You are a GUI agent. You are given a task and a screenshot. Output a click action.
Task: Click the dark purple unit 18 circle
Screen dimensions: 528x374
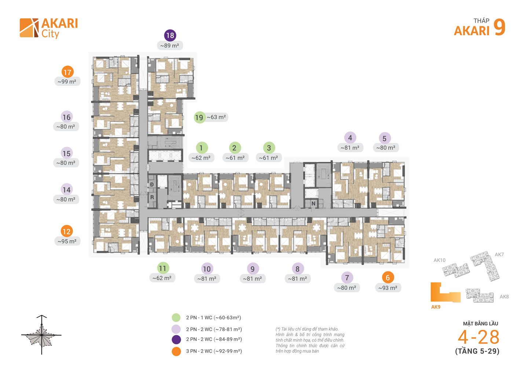(170, 35)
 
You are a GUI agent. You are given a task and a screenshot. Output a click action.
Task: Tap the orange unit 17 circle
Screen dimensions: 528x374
(67, 72)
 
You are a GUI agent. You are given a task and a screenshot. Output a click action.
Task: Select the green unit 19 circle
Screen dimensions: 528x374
(199, 117)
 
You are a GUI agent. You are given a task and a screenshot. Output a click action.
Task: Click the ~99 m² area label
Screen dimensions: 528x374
(67, 81)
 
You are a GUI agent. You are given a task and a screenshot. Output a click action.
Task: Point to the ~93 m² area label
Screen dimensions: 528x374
(388, 288)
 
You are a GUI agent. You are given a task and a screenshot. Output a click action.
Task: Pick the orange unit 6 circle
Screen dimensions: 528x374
(388, 278)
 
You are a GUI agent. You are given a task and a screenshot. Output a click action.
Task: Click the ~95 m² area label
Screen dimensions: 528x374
(67, 241)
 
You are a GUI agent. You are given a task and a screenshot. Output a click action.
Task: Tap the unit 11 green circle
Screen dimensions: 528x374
(163, 268)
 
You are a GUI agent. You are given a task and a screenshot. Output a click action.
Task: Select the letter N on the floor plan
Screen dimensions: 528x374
(313, 203)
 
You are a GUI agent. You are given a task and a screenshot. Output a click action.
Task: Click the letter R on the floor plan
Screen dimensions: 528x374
(152, 197)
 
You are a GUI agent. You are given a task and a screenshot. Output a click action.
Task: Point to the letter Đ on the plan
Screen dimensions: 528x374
(152, 184)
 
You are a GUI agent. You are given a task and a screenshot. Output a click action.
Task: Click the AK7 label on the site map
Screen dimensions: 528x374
(499, 254)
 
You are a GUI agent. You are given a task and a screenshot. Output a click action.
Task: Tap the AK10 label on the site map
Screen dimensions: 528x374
(439, 260)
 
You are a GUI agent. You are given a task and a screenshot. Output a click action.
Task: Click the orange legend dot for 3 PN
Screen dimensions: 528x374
(176, 351)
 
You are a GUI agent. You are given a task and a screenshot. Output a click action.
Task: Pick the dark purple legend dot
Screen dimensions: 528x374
(176, 340)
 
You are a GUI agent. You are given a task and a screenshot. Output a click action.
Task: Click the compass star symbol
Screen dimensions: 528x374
(42, 335)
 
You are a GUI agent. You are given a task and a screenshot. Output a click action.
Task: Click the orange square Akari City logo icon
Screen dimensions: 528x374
(29, 28)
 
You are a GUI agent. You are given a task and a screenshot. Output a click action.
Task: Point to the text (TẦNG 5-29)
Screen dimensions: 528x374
(477, 351)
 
